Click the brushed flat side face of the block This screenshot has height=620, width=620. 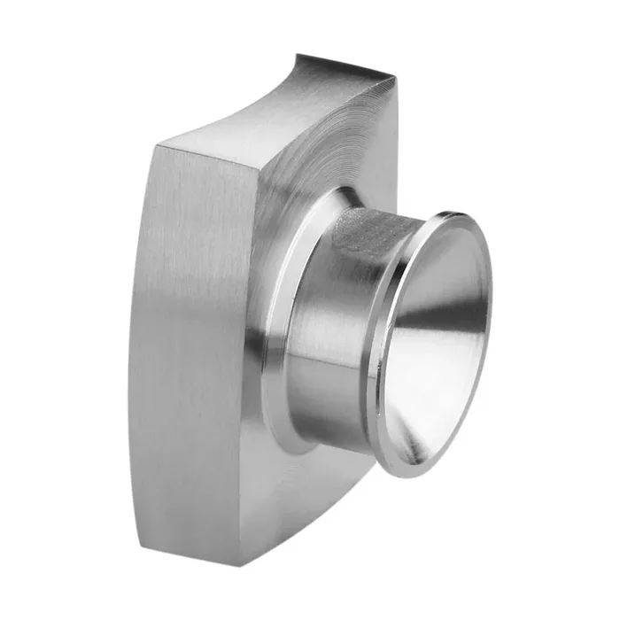pos(190,337)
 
